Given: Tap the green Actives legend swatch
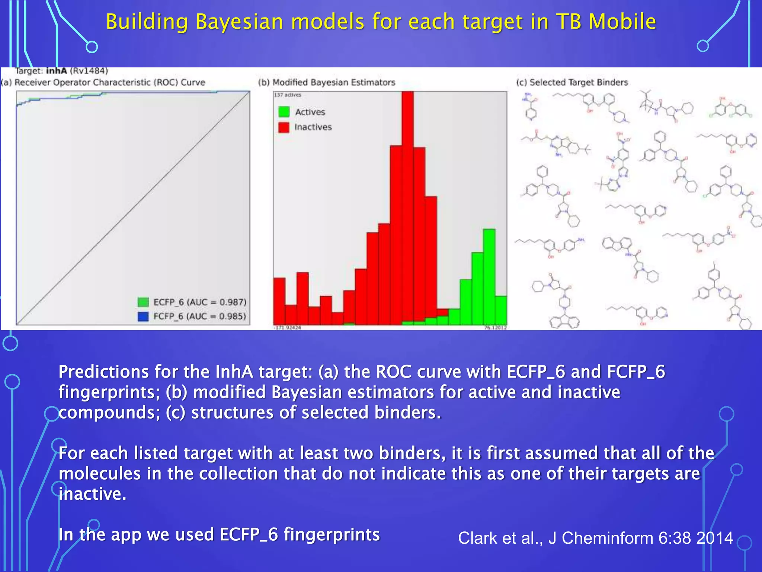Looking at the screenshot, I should click(x=284, y=112).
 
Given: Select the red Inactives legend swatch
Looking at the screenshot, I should click(x=284, y=127).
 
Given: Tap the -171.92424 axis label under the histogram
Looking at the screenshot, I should click(x=288, y=328).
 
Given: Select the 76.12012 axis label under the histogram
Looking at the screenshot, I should click(x=495, y=328).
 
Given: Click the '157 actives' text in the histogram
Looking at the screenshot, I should click(x=288, y=95).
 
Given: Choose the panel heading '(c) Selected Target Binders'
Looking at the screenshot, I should click(x=572, y=82).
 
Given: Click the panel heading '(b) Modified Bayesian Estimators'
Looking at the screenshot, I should click(x=327, y=82).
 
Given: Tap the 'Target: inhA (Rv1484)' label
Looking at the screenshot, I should click(x=62, y=71).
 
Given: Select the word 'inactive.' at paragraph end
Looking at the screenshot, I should click(x=93, y=494).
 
